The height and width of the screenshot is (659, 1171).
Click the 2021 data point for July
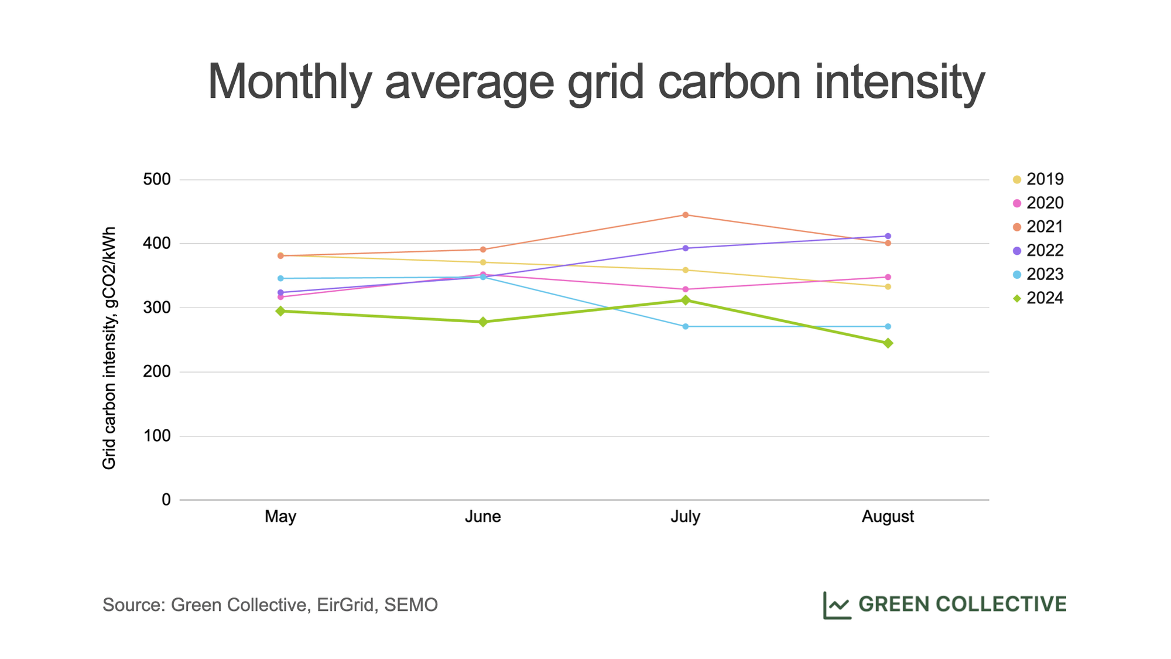pos(686,215)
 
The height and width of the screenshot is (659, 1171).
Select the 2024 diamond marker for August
pos(888,343)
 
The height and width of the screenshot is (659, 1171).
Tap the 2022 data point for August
pos(888,236)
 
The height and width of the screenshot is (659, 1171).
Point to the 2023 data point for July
pos(686,326)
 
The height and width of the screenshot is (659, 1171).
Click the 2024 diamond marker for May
pos(280,311)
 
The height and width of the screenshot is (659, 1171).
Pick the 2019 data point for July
pos(686,270)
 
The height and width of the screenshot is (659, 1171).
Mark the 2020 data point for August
pos(888,277)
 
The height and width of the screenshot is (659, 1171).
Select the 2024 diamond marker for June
pos(483,322)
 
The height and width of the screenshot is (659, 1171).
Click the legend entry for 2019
pos(1038,179)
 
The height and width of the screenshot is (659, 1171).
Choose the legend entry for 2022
pos(1038,251)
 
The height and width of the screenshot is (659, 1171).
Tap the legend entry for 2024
pos(1038,298)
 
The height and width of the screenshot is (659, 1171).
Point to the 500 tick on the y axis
pos(157,179)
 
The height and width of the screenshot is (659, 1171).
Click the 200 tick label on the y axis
pos(157,372)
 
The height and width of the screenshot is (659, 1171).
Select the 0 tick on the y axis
pos(166,500)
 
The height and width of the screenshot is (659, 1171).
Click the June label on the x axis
pos(483,517)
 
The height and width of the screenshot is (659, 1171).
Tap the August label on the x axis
pos(888,517)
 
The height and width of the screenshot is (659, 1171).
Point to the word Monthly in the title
pos(290,82)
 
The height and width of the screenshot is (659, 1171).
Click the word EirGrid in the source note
pos(345,605)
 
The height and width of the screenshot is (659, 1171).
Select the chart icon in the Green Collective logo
pos(837,605)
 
